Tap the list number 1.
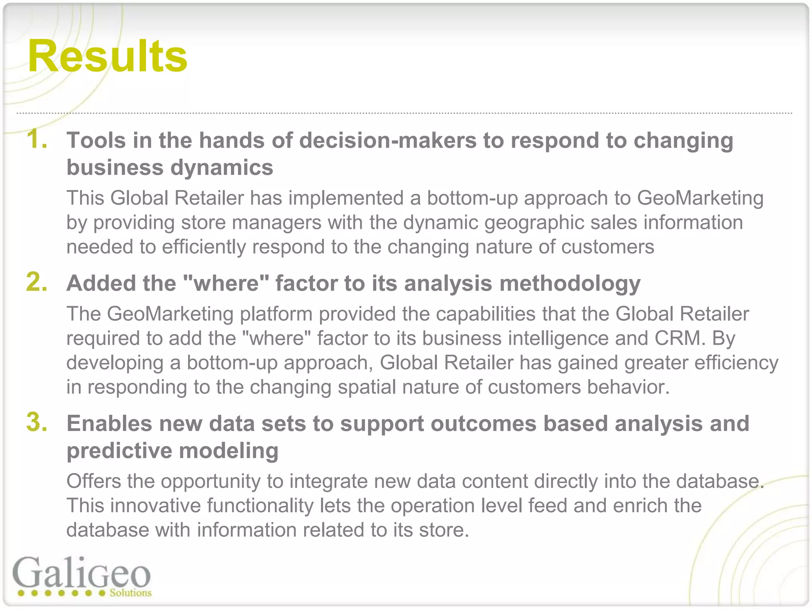click(x=36, y=140)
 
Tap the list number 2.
click(x=36, y=282)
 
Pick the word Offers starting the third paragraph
click(x=94, y=481)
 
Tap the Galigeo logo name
click(x=81, y=573)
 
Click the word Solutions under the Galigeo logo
click(x=130, y=593)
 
